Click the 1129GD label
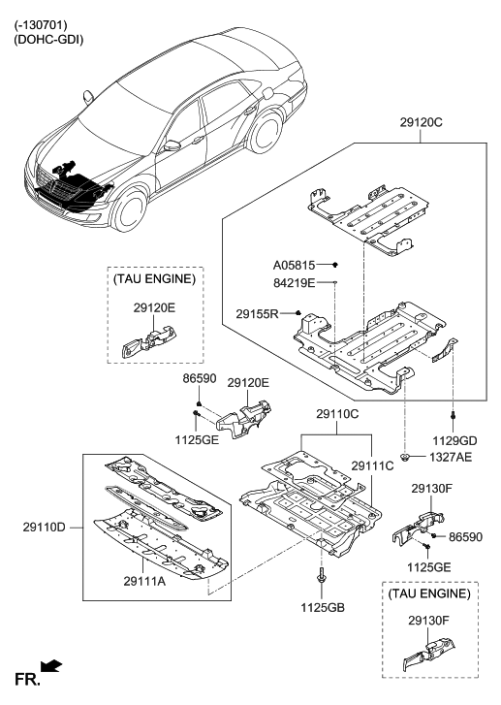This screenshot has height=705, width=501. click(454, 440)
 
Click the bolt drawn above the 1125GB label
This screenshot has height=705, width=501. click(321, 579)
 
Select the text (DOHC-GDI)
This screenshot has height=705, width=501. click(49, 40)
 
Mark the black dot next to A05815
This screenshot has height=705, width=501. click(333, 264)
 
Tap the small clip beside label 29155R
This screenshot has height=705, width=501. click(299, 313)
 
